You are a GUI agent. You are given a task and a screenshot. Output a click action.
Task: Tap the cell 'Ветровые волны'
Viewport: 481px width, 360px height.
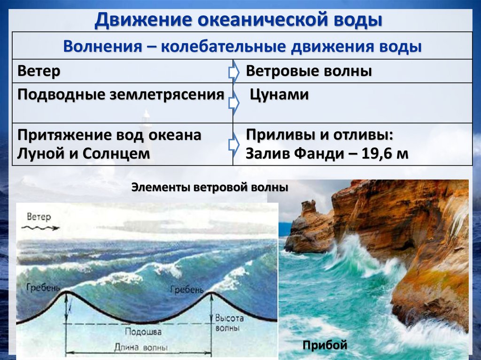(x=309, y=71)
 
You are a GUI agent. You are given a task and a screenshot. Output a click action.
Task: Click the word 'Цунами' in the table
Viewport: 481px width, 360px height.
(x=279, y=95)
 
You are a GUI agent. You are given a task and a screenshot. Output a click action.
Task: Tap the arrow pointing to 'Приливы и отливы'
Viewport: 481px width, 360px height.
(x=233, y=143)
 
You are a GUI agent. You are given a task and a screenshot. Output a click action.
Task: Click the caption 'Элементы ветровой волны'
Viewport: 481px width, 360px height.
(x=209, y=188)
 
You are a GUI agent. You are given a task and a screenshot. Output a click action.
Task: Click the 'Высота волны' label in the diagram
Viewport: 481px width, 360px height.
(x=230, y=323)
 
